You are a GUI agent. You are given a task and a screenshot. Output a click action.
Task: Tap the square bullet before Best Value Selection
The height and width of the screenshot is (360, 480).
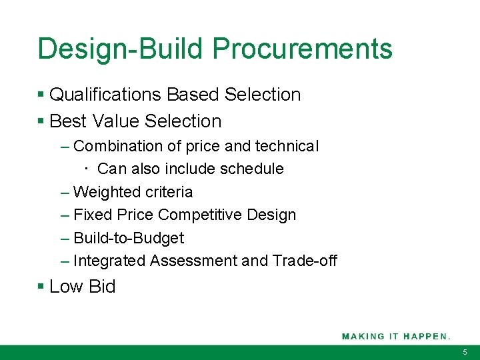point(41,121)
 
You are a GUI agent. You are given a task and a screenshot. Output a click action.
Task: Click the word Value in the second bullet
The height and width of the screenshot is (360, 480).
point(116,121)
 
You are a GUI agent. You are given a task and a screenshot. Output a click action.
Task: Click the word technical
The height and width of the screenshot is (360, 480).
point(286,146)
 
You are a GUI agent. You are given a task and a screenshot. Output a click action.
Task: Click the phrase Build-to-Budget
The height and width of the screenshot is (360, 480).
point(129,238)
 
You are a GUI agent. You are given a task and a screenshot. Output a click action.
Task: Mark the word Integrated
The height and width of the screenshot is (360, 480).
point(109,261)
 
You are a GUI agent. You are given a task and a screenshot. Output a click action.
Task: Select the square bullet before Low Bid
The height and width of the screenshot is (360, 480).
point(41,287)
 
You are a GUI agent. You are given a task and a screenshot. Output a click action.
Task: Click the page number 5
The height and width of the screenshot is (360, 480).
point(465,352)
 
